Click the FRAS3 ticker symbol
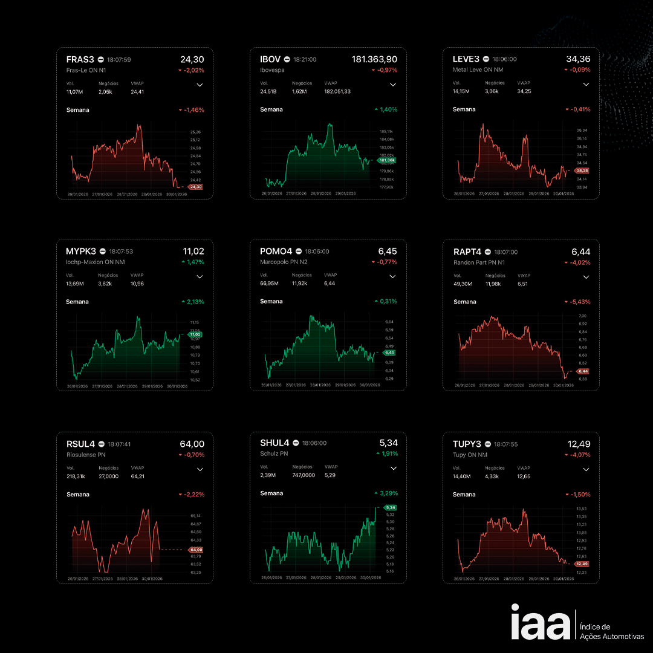(80, 59)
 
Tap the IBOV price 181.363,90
(374, 59)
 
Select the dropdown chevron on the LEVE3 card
(586, 84)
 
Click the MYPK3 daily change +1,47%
(192, 262)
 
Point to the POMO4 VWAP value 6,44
(329, 283)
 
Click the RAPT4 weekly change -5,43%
(577, 302)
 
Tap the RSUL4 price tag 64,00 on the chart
(196, 550)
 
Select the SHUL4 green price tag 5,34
(390, 507)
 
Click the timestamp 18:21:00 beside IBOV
(305, 60)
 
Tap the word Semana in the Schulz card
(271, 493)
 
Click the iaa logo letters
(540, 622)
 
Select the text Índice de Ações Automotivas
(611, 632)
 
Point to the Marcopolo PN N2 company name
(284, 262)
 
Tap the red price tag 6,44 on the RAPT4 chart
(582, 371)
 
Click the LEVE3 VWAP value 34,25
(524, 91)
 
